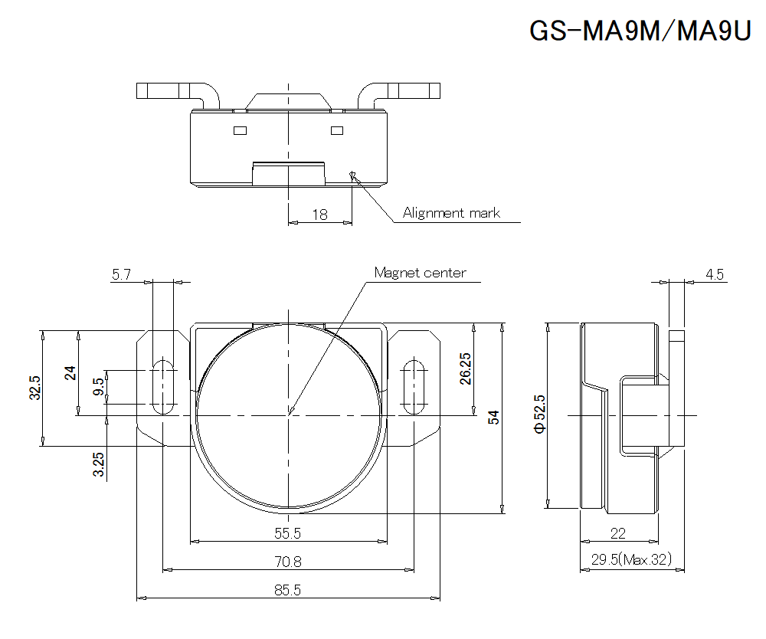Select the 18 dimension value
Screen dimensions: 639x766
(319, 215)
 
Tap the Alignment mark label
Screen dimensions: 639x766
(451, 213)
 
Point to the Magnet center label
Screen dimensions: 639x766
(419, 273)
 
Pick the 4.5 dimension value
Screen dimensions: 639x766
(715, 274)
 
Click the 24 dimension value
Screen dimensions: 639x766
(70, 373)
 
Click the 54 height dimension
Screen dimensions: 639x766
(494, 418)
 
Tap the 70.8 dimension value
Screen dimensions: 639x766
(288, 562)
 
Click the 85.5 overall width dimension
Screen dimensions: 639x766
(287, 591)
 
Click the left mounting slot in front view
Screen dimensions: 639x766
(162, 386)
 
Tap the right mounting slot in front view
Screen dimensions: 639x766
(414, 386)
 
